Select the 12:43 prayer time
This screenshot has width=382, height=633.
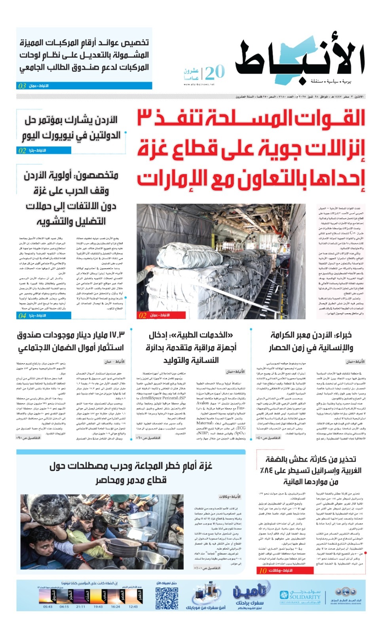click(133, 606)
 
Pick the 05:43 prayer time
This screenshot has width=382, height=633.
click(48, 606)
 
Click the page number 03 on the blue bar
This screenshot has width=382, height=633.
click(22, 86)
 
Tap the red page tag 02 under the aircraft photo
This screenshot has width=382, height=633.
click(143, 315)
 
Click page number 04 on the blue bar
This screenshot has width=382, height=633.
click(22, 315)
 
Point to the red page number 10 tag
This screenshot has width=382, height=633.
click(263, 570)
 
